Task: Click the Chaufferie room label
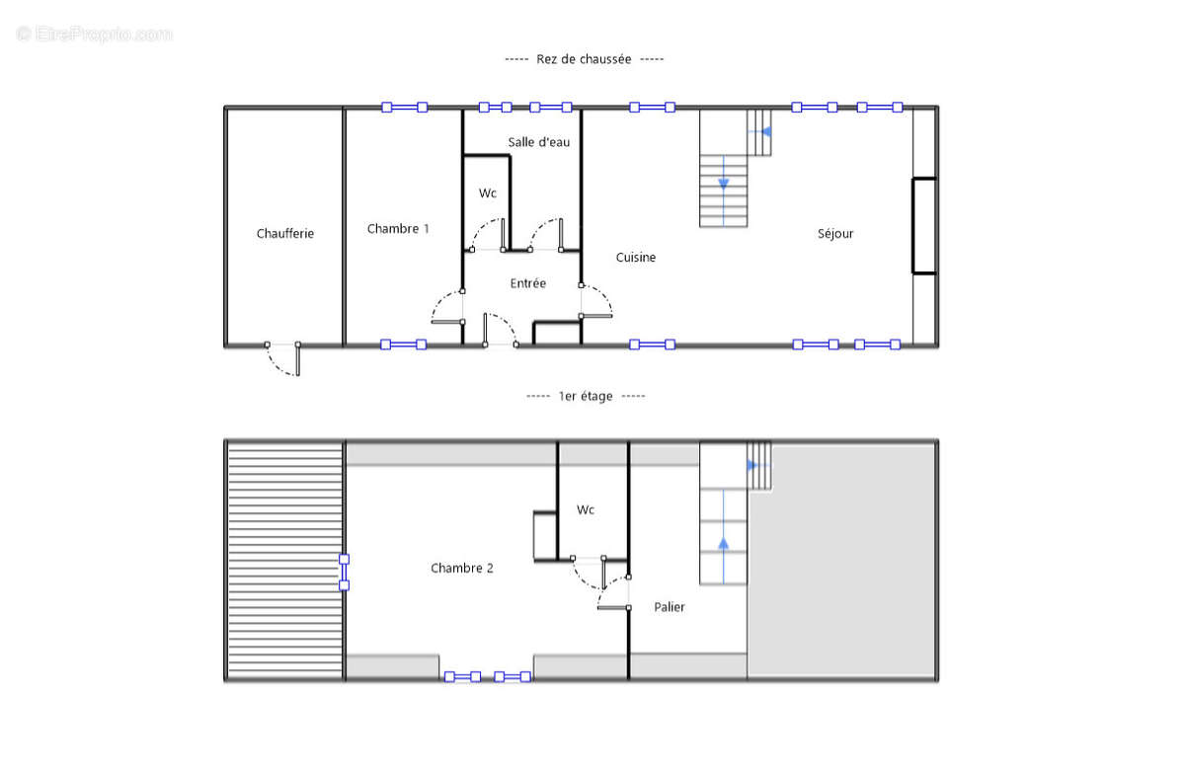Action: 285,233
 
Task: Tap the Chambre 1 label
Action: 398,228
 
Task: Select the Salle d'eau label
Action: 538,142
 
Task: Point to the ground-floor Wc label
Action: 487,193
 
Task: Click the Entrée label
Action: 528,283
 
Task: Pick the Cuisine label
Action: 635,257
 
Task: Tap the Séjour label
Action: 835,233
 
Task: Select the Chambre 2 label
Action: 462,568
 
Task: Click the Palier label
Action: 670,606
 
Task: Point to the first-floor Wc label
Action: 585,509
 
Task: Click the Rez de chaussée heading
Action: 584,58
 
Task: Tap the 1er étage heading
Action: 586,396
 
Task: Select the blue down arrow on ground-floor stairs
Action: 723,183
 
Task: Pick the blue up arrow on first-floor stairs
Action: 723,544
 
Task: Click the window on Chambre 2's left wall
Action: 344,573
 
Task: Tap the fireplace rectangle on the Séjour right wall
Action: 924,226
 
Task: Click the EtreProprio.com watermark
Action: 94,34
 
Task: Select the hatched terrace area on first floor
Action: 285,561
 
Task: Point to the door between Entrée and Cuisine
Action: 596,301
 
